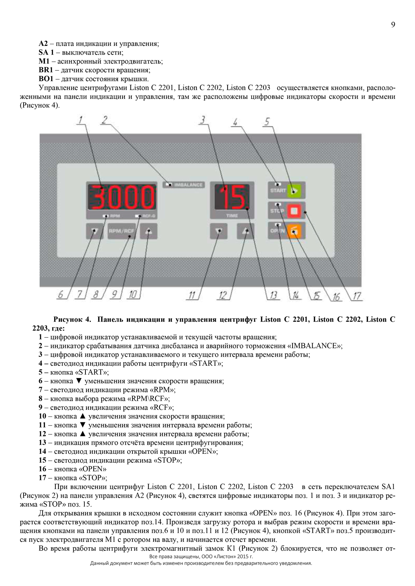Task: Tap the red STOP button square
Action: (294, 211)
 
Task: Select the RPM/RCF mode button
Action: (121, 231)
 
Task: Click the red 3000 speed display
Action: (121, 198)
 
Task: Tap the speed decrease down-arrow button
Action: (94, 231)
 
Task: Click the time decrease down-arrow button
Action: (219, 231)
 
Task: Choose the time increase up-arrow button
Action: (245, 231)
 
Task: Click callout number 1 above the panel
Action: (81, 120)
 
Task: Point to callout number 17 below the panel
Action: (357, 296)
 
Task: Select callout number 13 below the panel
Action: (274, 295)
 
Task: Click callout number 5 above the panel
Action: (267, 122)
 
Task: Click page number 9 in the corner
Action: (393, 25)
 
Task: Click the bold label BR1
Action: (46, 70)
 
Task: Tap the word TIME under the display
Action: (232, 216)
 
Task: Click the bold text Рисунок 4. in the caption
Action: (72, 319)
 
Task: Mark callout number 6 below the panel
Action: (61, 295)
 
